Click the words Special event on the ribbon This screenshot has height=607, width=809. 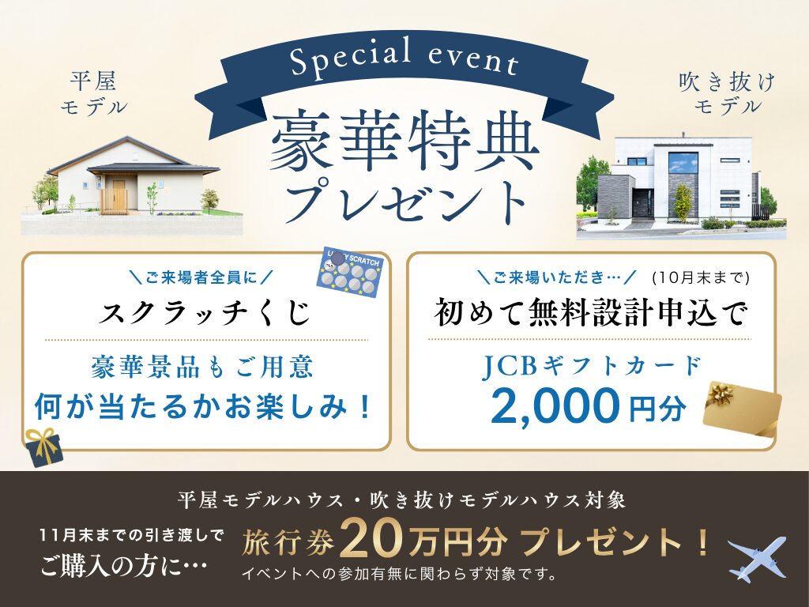pos(404,58)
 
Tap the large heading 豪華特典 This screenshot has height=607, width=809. pos(404,142)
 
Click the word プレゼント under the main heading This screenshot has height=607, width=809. pos(405,202)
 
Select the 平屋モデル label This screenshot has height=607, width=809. pos(94,93)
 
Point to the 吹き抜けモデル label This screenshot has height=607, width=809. pos(728,93)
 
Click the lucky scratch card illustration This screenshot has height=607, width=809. pos(349,272)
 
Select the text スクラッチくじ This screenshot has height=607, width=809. pos(205,312)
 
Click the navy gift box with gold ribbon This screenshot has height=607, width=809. pos(44,447)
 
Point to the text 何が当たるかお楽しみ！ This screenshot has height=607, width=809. pos(203,407)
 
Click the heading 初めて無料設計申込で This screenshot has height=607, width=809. pos(589,312)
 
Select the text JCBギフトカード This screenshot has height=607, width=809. pos(591,366)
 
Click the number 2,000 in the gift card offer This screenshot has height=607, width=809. pos(555,405)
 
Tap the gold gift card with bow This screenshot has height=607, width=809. pos(742,410)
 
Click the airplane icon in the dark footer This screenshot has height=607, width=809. pos(757,559)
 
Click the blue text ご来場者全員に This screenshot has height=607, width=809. pos(201,278)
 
